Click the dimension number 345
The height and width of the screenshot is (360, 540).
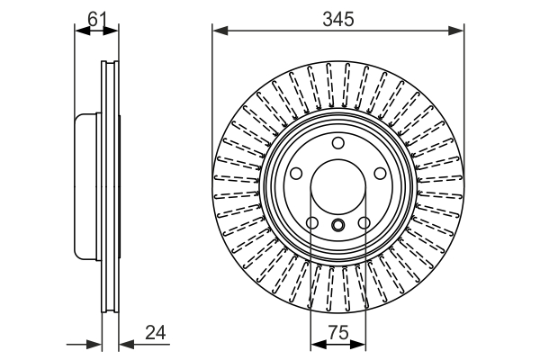point(338,17)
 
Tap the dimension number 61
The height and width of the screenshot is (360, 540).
point(96,16)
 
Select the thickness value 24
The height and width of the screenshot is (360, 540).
point(156,332)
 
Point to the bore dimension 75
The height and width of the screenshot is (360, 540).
point(338,332)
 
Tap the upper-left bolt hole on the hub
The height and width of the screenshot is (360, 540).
point(296,174)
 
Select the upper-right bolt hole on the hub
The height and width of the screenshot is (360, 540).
point(382,174)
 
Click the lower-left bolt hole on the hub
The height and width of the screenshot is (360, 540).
point(312,223)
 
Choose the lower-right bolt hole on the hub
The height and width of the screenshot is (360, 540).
point(364,223)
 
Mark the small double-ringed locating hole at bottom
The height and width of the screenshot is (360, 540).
point(338,225)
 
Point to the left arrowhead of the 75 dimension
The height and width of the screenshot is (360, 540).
point(316,343)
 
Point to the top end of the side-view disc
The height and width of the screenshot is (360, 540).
point(110,63)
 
